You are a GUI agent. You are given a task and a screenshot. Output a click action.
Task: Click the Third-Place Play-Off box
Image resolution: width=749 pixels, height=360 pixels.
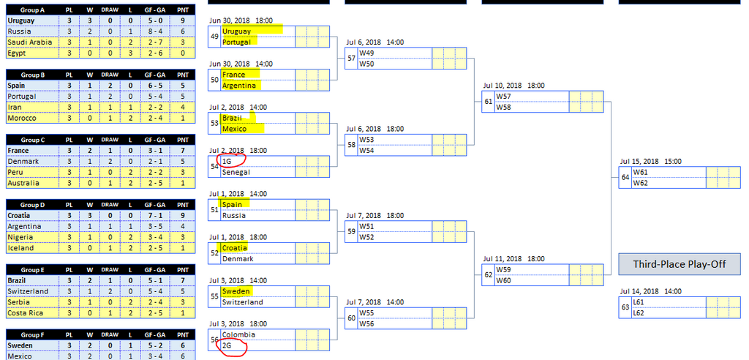point(680,263)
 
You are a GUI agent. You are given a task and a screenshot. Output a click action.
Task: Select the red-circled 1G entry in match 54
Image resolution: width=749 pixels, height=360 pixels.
point(227,161)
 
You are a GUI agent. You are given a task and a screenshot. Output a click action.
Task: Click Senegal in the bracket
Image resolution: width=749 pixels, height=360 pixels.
point(236,172)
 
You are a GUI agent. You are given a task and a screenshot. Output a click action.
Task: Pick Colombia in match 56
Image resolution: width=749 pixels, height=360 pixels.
point(238,334)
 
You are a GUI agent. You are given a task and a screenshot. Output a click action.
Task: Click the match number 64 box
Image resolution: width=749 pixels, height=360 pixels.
point(625,177)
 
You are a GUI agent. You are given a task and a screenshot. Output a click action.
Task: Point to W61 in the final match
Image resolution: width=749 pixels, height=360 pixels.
point(641,172)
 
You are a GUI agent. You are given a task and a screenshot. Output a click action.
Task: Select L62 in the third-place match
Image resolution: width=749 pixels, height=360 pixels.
point(639,312)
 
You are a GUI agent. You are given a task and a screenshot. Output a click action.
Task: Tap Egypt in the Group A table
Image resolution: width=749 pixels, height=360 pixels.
point(17,53)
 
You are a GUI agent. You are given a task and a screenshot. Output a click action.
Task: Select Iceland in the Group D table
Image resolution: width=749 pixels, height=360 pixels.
point(20,248)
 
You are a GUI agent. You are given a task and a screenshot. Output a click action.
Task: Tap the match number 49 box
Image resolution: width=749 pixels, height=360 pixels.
point(214,37)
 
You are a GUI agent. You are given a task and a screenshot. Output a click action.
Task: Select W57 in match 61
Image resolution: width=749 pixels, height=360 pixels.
point(504,96)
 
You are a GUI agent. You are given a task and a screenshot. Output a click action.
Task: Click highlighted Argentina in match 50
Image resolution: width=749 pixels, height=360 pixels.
point(239,86)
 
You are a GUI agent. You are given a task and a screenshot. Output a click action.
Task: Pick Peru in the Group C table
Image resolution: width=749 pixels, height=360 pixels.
point(15,172)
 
